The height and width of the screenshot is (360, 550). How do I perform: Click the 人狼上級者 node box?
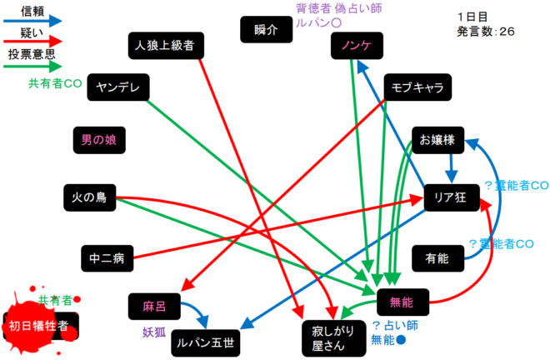point(165,45)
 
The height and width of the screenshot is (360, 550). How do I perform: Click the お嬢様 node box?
point(437,140)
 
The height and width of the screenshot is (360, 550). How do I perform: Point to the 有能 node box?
point(437,257)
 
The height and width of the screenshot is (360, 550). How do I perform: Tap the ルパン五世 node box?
point(204,342)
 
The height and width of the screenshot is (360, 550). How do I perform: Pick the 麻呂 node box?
point(155,306)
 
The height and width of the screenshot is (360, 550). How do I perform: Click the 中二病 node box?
point(107,258)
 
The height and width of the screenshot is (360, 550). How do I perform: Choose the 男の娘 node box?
point(99,140)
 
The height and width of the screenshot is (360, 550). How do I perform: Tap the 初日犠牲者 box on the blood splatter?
point(38,324)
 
